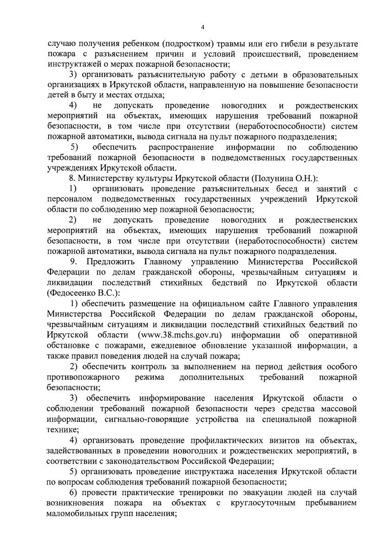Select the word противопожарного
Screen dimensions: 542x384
(x=84, y=377)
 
